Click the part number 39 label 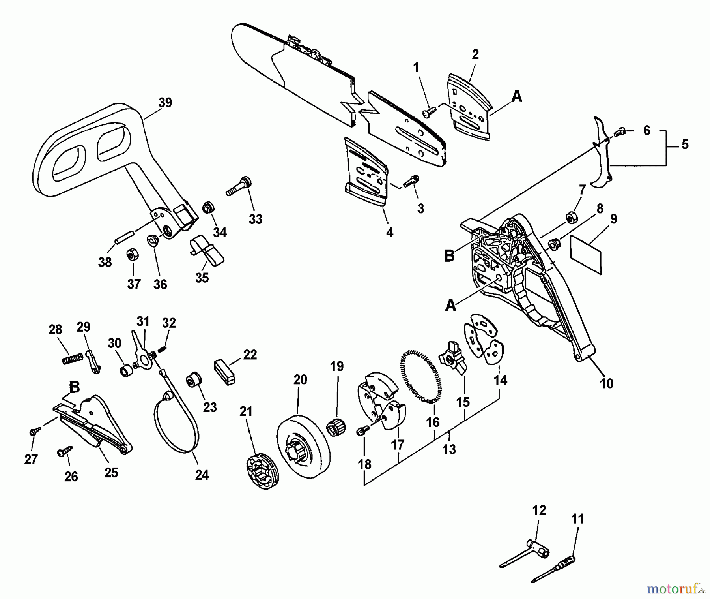tap(165, 103)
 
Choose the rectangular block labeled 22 tap(225, 372)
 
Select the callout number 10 tap(606, 383)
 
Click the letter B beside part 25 tap(74, 387)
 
